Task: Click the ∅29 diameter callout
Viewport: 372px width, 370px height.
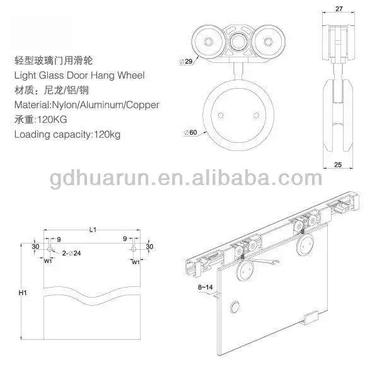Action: click(x=186, y=62)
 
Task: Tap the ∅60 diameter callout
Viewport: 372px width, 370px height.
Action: click(x=190, y=132)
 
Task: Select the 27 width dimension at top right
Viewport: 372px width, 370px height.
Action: click(x=339, y=9)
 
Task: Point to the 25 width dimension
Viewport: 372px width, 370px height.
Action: click(x=338, y=164)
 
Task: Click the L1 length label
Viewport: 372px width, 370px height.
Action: click(x=93, y=230)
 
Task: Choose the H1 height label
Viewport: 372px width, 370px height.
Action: click(x=23, y=293)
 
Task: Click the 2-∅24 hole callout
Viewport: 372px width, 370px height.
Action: click(x=71, y=254)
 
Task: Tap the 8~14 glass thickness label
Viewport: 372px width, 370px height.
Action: click(x=206, y=287)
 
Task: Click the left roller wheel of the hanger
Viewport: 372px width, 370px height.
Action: click(x=208, y=42)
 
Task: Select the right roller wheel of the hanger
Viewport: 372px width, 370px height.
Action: click(x=268, y=42)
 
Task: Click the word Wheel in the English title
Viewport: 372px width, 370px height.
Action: click(x=131, y=76)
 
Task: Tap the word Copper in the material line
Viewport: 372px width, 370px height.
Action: click(x=142, y=105)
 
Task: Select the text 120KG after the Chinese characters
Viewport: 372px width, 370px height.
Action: click(x=52, y=120)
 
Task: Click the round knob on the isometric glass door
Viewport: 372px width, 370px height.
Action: click(x=235, y=307)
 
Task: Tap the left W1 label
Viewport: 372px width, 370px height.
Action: click(x=48, y=261)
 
